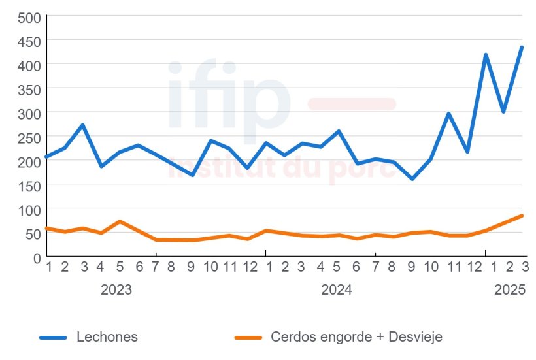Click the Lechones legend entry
(107, 337)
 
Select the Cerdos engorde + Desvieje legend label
(356, 337)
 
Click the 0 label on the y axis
(37, 257)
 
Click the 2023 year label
(116, 289)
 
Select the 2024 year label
(337, 289)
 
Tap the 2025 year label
(510, 289)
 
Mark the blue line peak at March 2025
(522, 47)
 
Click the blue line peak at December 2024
(486, 55)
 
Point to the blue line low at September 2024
(412, 179)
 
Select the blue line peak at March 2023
(82, 125)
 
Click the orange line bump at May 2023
(120, 221)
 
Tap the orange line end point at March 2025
(522, 216)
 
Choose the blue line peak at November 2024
(448, 114)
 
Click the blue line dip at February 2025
(503, 112)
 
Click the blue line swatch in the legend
(53, 337)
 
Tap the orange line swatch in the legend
(248, 337)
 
